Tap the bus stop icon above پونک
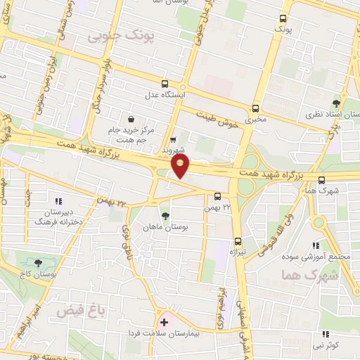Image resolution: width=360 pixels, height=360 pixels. (283, 19)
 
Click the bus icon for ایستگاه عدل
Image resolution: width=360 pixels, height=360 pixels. (165, 82)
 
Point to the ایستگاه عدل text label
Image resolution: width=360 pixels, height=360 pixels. (164, 94)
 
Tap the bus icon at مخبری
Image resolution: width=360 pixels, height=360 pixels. (255, 109)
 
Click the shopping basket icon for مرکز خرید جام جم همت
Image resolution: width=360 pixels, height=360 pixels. (131, 119)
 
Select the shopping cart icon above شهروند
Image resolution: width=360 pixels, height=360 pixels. (173, 139)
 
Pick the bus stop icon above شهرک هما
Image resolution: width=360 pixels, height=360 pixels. (321, 179)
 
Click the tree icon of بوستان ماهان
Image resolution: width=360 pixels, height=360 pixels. (165, 216)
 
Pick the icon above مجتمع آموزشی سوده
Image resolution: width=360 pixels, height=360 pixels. (316, 245)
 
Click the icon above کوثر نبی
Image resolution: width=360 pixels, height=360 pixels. (324, 334)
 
